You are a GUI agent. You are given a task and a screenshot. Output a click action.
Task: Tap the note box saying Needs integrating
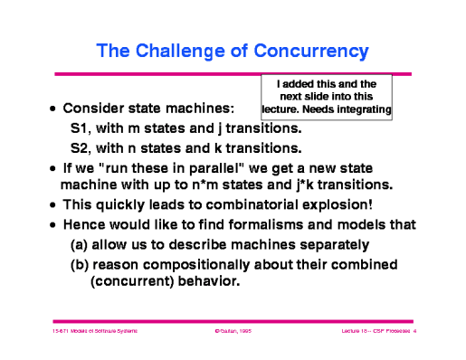point(326,97)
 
